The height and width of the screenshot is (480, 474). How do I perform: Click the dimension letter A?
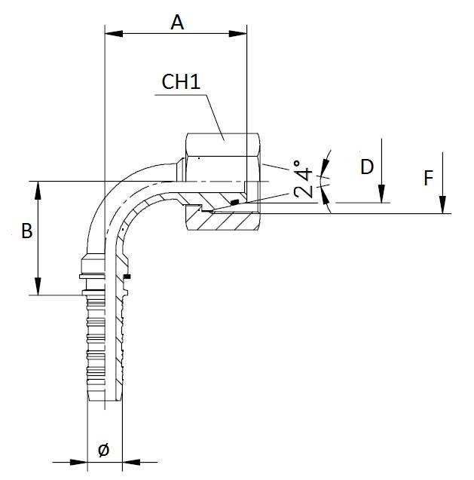(x=177, y=22)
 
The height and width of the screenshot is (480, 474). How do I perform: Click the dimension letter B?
(x=26, y=231)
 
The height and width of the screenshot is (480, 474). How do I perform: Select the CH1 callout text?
(x=181, y=82)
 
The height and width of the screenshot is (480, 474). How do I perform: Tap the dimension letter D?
(x=367, y=167)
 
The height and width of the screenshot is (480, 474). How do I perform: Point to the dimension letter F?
(x=428, y=179)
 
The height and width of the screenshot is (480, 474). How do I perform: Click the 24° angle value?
(x=306, y=179)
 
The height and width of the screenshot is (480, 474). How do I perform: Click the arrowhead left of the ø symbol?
(x=81, y=461)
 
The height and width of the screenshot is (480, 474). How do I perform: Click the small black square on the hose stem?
(x=127, y=277)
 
